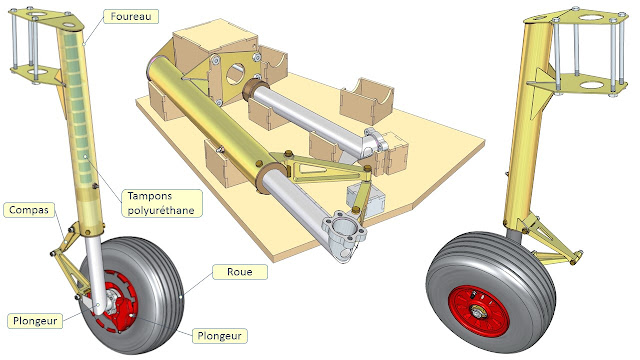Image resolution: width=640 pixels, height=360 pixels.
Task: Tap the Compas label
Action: pos(29,210)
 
